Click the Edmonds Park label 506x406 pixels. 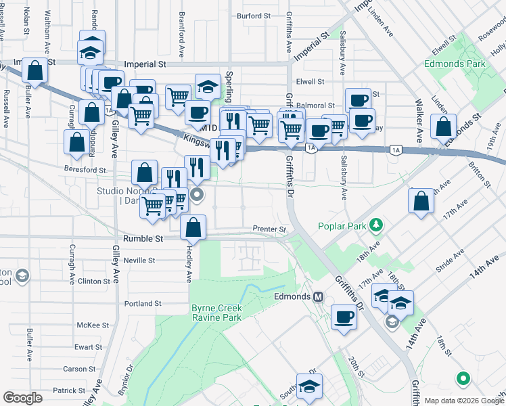[x=455, y=64]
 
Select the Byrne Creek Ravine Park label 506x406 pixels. [x=216, y=312]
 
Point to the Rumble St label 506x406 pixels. [x=144, y=239]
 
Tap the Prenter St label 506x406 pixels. [x=269, y=229]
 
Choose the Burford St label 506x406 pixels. [x=253, y=16]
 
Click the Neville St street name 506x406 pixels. [x=139, y=260]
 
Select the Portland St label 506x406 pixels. [x=143, y=304]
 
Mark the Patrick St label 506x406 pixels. [x=70, y=390]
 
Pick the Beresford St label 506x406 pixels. [x=86, y=170]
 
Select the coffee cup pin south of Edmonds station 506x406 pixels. [x=344, y=317]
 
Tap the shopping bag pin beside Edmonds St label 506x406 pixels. [x=443, y=126]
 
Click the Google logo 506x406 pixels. [x=22, y=398]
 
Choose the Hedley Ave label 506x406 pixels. [x=189, y=263]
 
